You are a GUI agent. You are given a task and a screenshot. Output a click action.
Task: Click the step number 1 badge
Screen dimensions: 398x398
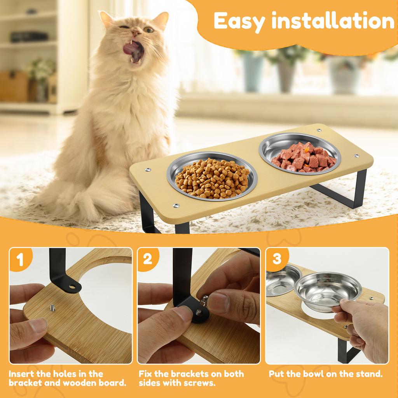[20, 259]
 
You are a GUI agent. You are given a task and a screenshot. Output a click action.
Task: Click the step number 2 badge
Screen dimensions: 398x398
[148, 259]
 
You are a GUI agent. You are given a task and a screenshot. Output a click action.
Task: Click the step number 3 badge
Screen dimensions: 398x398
[277, 259]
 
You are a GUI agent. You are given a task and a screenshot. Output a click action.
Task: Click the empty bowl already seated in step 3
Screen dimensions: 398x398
[282, 280]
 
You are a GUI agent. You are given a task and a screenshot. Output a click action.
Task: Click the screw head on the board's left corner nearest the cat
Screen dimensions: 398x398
[147, 170]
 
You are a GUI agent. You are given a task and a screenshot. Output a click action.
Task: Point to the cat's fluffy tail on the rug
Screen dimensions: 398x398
[93, 202]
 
